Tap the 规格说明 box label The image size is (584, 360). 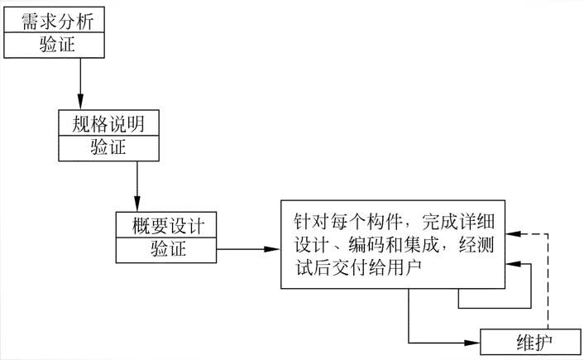tap(109, 125)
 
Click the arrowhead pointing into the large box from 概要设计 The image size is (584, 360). tap(273, 248)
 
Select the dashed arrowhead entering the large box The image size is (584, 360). tap(514, 235)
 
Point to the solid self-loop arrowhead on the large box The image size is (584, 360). tap(514, 264)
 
